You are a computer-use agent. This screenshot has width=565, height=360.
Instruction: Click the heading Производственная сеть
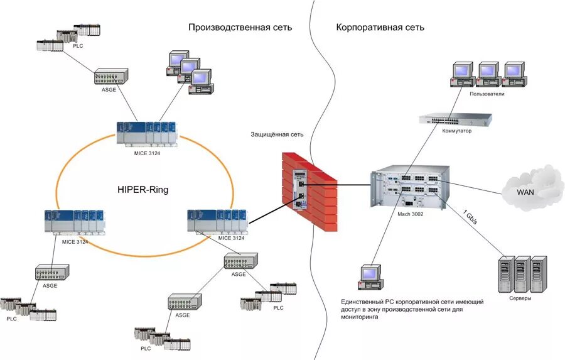pos(240,28)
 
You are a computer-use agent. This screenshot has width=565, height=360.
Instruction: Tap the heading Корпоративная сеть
pos(380,28)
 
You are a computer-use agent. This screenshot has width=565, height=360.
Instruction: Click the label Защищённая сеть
pos(277,134)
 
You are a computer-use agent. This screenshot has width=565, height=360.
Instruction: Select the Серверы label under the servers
pos(520,298)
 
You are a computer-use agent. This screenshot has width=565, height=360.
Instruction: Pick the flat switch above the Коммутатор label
pos(455,119)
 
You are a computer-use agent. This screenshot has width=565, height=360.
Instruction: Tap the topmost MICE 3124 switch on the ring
pos(146,133)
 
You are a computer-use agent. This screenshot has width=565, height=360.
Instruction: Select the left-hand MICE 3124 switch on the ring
pos(74,222)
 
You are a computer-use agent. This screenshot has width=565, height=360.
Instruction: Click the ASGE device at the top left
pos(110,77)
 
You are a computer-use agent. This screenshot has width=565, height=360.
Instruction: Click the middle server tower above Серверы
pos(522,273)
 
